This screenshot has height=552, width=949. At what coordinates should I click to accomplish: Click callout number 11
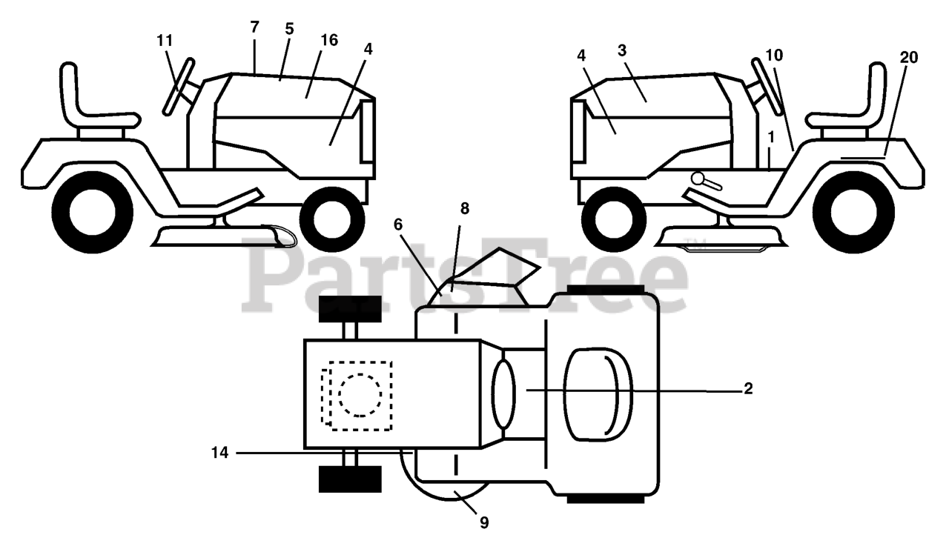coord(165,41)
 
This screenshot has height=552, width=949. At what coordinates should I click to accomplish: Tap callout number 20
coord(909,58)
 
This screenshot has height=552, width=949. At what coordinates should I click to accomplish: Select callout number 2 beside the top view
coord(748,389)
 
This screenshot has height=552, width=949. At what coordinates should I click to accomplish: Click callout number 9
coord(483,522)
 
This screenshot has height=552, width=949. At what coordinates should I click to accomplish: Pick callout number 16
coord(329,40)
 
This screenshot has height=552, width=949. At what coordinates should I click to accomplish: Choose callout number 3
coord(622,50)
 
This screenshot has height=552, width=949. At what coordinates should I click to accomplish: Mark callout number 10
coord(774,54)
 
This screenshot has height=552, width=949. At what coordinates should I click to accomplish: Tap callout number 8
coord(465,209)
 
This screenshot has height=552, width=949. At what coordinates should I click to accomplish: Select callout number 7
coord(255,27)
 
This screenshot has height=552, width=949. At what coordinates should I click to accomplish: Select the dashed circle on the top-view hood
coord(360,394)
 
